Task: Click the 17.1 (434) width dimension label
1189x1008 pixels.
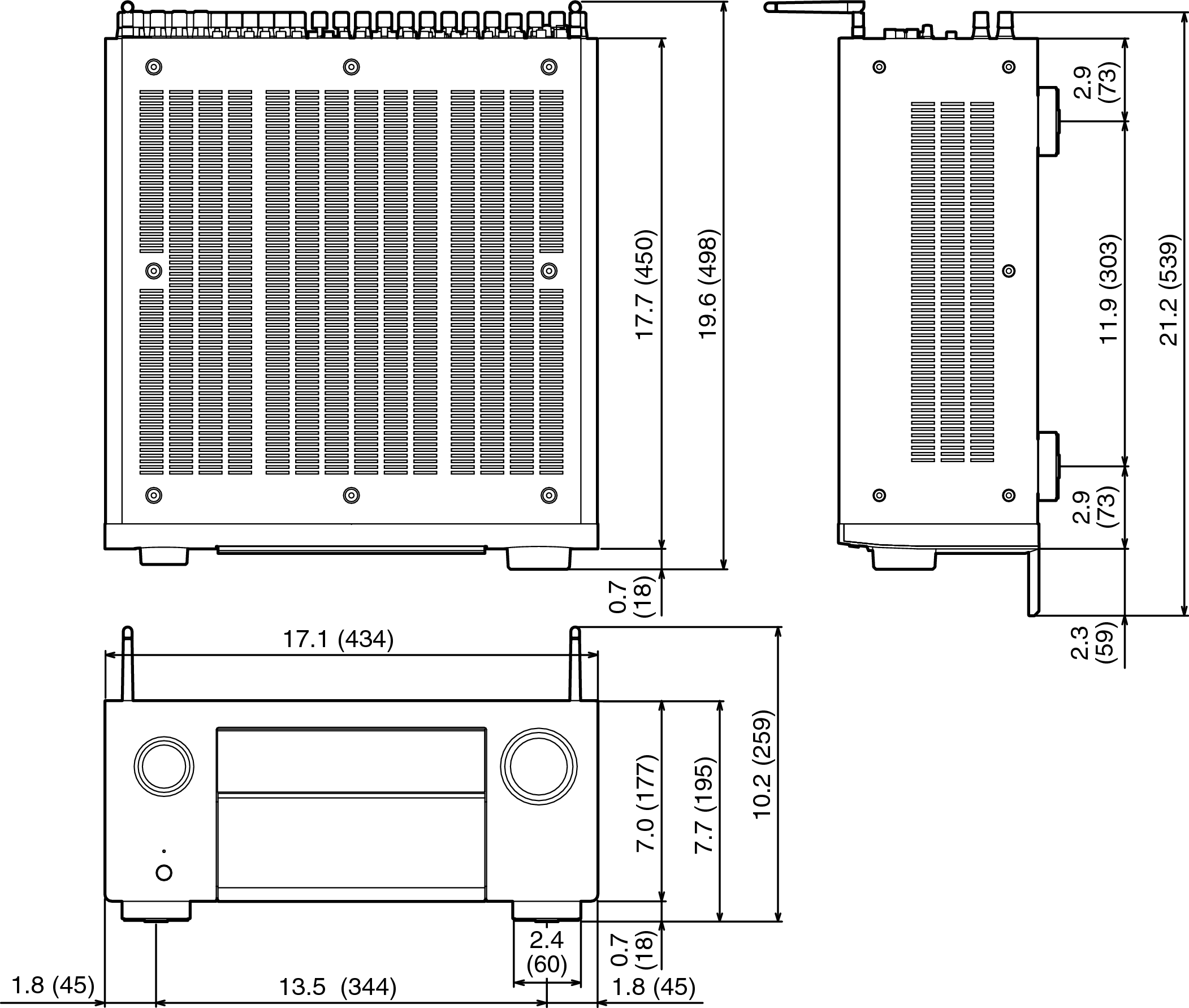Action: pyautogui.click(x=338, y=639)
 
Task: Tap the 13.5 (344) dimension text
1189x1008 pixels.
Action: pyautogui.click(x=337, y=987)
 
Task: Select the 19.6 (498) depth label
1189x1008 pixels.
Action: pyautogui.click(x=708, y=284)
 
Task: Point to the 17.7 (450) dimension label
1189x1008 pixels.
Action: pyautogui.click(x=645, y=284)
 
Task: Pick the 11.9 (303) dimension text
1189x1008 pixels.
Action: pyautogui.click(x=1109, y=288)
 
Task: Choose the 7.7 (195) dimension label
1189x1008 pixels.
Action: pyautogui.click(x=704, y=805)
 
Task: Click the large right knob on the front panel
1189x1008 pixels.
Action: pyautogui.click(x=539, y=767)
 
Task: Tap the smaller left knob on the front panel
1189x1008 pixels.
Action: pyautogui.click(x=164, y=767)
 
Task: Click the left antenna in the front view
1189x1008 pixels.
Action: pyautogui.click(x=128, y=664)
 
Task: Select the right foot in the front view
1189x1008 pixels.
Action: pyautogui.click(x=547, y=911)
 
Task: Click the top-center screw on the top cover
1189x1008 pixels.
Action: pyautogui.click(x=351, y=67)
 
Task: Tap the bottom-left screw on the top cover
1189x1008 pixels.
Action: pyautogui.click(x=154, y=495)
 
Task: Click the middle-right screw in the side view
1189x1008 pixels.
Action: pyautogui.click(x=1009, y=270)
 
